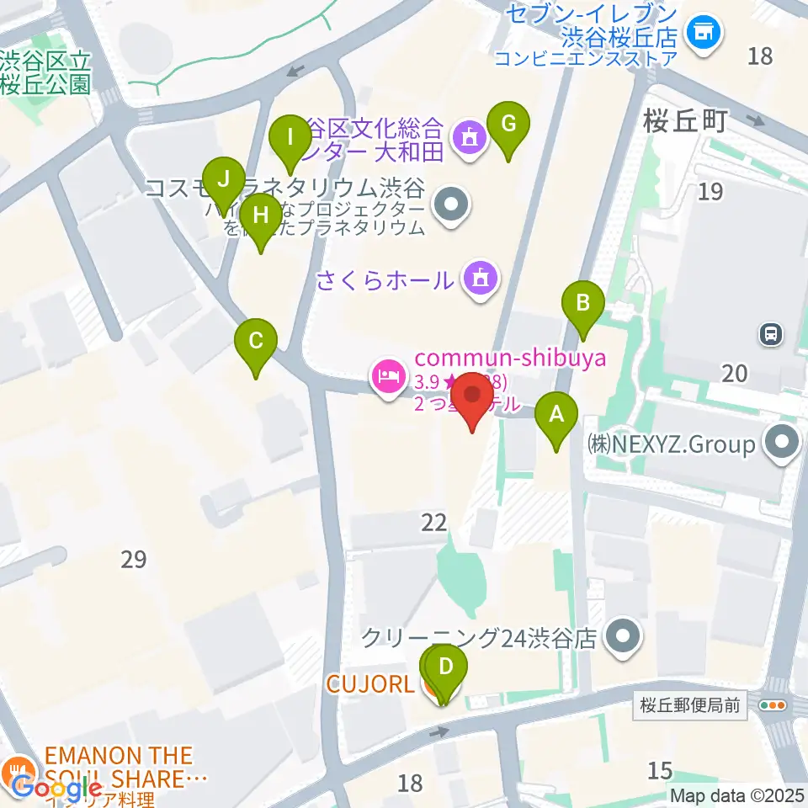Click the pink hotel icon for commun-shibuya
(387, 375)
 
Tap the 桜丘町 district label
(683, 122)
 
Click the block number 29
(134, 558)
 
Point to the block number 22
(434, 523)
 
